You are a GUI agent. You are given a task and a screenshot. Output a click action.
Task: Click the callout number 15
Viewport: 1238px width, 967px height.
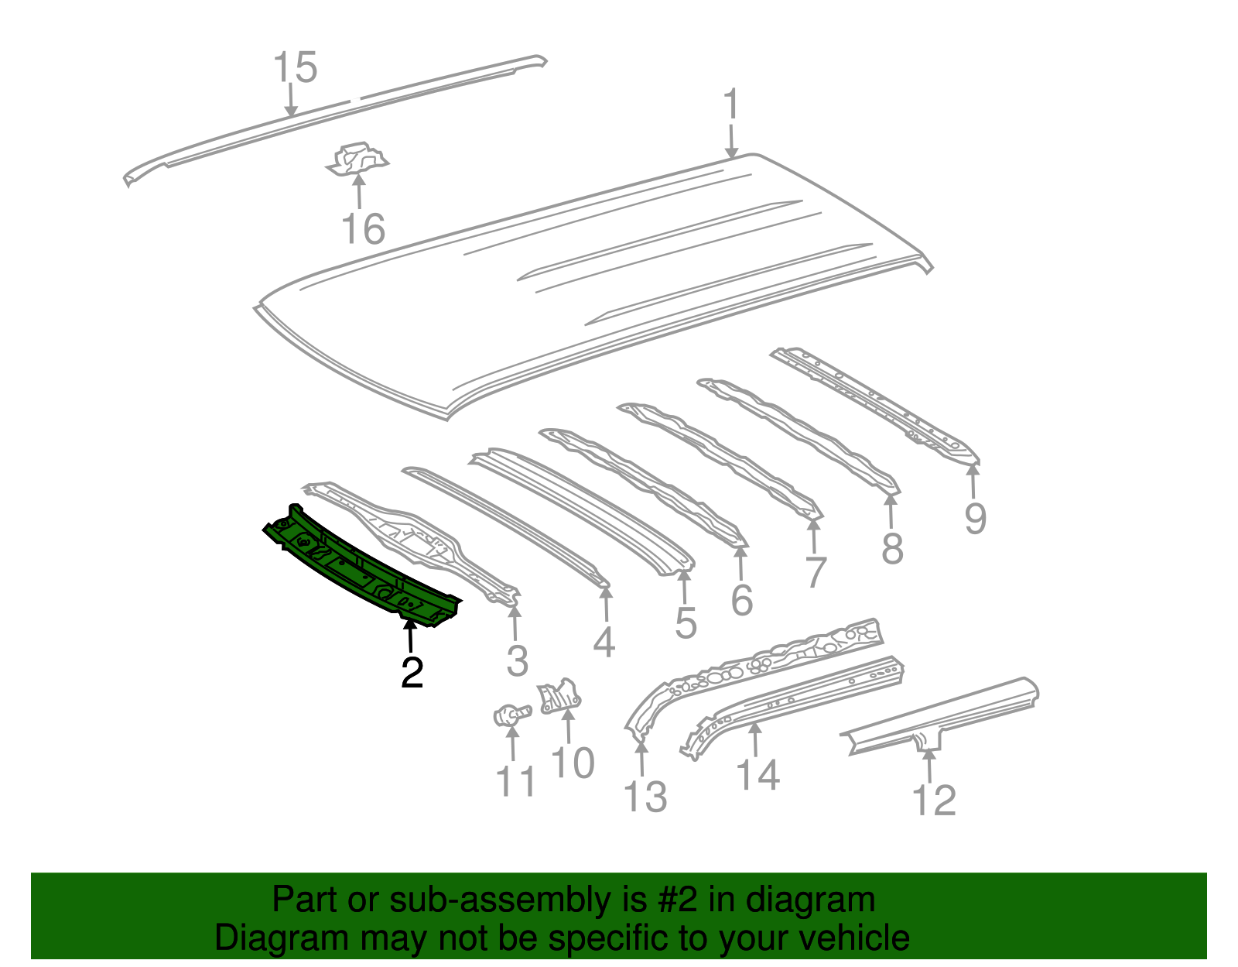pos(295,67)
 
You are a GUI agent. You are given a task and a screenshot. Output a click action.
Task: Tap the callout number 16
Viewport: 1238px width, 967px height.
pos(363,228)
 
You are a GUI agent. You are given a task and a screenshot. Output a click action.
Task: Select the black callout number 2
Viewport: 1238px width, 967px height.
pos(412,672)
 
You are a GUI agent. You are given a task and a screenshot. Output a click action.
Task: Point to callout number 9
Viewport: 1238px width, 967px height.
pos(975,519)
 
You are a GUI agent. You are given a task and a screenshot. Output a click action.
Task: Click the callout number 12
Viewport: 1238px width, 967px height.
pos(934,800)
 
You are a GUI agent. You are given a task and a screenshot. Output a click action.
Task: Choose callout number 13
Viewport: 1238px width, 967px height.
pos(645,796)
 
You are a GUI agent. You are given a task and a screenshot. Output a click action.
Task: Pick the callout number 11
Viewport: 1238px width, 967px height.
pos(516,780)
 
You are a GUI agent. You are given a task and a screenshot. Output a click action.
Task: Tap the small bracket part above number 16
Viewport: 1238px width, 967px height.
pos(357,159)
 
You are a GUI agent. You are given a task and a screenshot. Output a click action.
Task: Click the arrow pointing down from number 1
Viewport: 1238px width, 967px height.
pos(731,142)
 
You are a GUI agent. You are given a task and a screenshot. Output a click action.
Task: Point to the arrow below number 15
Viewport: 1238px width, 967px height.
pos(291,101)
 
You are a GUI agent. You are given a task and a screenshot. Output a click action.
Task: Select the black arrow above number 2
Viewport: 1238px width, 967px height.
pos(409,636)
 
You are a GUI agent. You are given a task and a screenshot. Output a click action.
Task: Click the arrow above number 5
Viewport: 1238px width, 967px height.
pos(684,586)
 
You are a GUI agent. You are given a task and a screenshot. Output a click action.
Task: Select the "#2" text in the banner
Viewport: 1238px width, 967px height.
pos(676,900)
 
